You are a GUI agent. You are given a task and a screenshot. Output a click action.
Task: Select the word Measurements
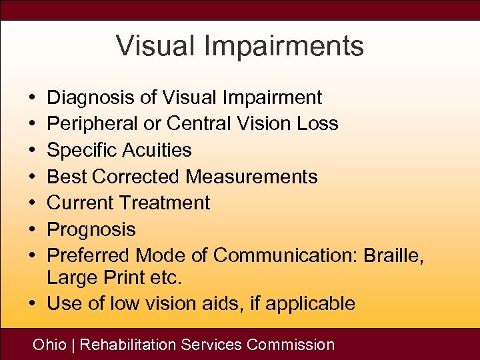(251, 177)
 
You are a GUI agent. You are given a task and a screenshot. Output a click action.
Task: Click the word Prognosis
(91, 229)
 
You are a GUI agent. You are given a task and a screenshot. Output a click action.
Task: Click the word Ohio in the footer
(50, 345)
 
